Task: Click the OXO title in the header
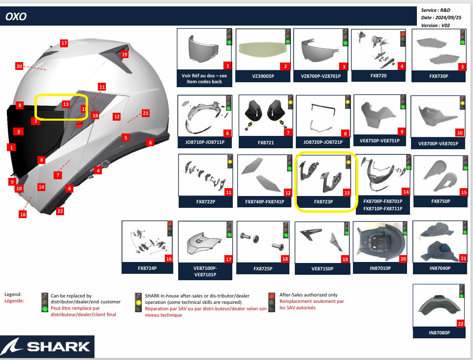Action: [x=16, y=17]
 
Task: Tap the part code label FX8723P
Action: [x=323, y=202]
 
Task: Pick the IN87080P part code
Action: [x=439, y=333]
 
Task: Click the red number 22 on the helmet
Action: [x=60, y=211]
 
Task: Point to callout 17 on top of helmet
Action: [x=64, y=43]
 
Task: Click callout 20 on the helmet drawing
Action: [x=20, y=66]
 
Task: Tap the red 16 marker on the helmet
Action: [x=23, y=214]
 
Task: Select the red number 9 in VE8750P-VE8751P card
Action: [x=402, y=132]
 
